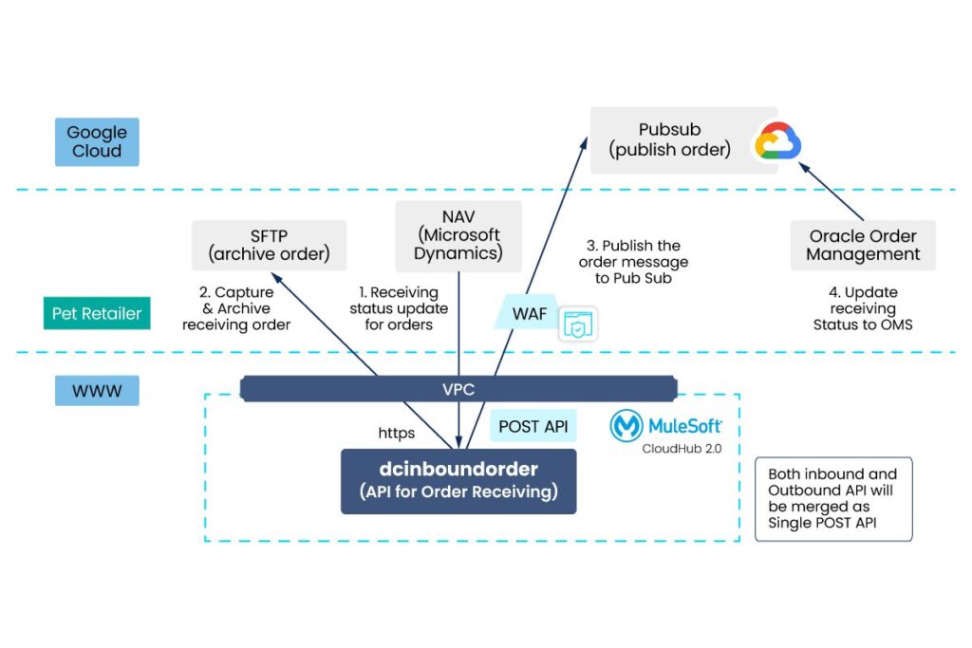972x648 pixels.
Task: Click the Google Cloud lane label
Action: tap(97, 142)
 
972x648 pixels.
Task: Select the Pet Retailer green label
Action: tap(96, 313)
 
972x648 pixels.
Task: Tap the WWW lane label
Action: tap(97, 389)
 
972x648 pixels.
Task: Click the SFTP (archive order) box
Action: tap(269, 245)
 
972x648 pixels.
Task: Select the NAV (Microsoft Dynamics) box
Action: tap(458, 235)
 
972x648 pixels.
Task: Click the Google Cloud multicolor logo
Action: tap(777, 143)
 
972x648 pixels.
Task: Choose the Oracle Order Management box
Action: tap(863, 245)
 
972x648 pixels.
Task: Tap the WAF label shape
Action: tap(529, 312)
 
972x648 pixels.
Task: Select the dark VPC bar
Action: tap(458, 387)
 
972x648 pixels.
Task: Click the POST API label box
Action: tap(533, 426)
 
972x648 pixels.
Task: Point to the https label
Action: tap(397, 434)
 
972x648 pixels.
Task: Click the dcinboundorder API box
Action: tap(458, 481)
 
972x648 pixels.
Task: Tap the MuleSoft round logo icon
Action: tap(626, 427)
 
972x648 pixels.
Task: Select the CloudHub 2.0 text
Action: tap(681, 448)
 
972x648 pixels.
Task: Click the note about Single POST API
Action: tap(832, 500)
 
